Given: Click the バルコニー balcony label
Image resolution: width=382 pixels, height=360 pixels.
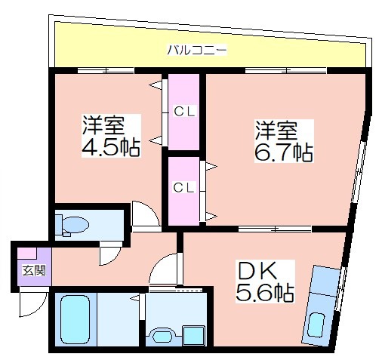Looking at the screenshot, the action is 197,50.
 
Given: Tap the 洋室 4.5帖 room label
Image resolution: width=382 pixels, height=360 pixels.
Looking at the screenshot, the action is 111,136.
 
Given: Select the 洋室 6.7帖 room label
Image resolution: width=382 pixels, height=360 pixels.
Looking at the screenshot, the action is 284,141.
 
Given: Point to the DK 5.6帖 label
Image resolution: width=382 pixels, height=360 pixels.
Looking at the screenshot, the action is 265,282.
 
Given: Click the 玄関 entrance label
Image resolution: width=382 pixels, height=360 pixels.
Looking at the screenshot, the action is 34,271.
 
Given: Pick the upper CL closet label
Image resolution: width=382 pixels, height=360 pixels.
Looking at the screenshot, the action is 184,112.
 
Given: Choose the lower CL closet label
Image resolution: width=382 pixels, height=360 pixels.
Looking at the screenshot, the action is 183,187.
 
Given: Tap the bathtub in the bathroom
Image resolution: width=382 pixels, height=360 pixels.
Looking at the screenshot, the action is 75,319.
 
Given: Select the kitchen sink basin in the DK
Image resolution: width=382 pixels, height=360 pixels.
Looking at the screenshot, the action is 316,325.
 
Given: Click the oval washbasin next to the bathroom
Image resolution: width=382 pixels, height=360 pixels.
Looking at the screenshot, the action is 162,337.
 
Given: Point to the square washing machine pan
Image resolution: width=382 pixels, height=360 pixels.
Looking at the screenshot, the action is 193,336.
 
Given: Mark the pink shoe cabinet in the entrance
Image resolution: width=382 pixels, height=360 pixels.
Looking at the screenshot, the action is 27,253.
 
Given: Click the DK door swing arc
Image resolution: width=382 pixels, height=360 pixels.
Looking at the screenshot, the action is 159,265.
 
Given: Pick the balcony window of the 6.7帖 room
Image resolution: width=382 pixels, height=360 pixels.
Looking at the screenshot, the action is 286,70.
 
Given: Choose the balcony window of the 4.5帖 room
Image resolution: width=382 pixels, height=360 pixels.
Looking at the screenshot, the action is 106,70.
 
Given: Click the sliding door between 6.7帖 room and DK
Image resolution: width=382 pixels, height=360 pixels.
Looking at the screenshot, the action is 275,229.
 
